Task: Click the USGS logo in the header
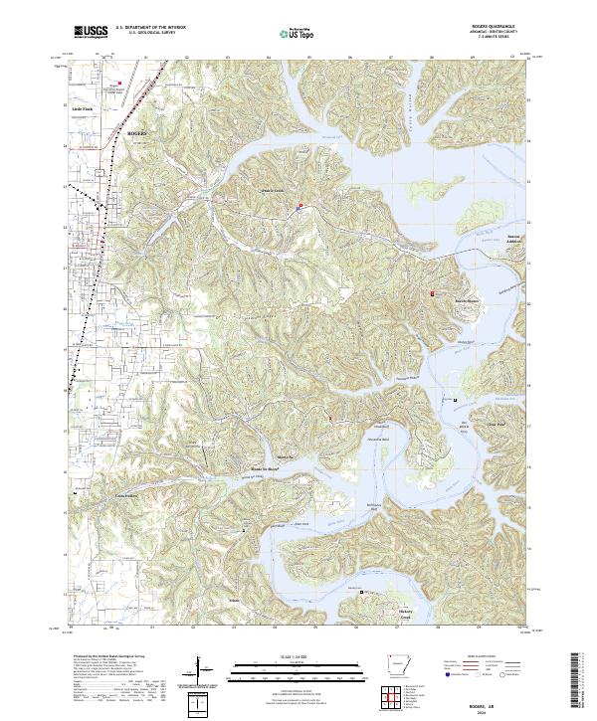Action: tap(92, 32)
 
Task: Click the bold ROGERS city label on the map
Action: tap(137, 131)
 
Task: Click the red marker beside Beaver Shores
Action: tap(432, 293)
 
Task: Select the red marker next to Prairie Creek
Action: tap(299, 208)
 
